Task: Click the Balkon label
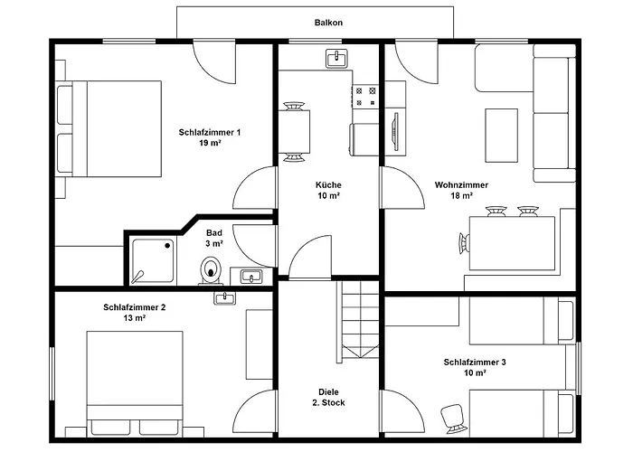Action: click(328, 23)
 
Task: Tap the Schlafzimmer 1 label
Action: click(210, 132)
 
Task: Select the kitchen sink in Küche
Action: click(336, 59)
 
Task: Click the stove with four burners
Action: click(365, 97)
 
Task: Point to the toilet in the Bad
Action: click(211, 270)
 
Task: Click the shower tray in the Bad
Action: click(153, 261)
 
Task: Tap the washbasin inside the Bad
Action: click(251, 277)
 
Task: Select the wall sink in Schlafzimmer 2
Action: click(225, 298)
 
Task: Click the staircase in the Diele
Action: click(360, 319)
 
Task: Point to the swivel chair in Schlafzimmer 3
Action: click(452, 419)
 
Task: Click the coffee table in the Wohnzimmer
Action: click(501, 136)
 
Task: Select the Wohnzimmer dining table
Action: click(512, 243)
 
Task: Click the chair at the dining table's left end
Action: click(464, 243)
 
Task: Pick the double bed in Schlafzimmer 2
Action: click(135, 383)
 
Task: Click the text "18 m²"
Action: click(462, 196)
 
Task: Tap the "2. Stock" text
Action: click(328, 403)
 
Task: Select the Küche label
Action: click(328, 184)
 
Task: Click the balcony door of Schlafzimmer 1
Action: click(214, 61)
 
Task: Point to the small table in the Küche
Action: click(294, 132)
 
